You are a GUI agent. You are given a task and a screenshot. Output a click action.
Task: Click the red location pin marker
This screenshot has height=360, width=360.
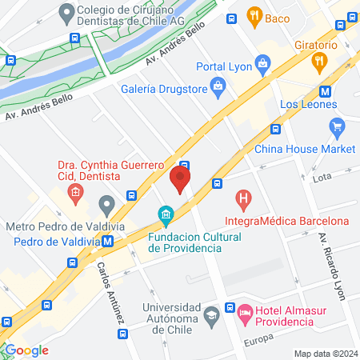point(182,178)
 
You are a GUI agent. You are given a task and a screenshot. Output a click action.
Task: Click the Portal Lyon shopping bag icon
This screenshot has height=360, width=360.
point(262,62)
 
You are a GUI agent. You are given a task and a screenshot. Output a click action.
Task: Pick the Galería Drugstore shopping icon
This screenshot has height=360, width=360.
point(217,84)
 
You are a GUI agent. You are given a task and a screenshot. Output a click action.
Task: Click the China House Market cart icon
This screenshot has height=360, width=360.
point(337,126)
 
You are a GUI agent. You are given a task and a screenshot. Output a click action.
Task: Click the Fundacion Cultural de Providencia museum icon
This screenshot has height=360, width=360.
point(166,214)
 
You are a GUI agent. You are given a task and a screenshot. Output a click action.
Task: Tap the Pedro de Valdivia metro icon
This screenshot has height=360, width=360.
point(107,240)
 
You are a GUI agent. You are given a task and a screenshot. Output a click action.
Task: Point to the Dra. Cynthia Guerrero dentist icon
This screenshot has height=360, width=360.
point(74,191)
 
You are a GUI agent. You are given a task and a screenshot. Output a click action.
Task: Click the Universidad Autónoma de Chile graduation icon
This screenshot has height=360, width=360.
point(210,313)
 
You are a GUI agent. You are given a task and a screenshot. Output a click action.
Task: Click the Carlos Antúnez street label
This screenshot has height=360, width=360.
point(113,292)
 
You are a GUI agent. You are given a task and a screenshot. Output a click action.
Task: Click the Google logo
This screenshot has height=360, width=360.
point(27,350)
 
